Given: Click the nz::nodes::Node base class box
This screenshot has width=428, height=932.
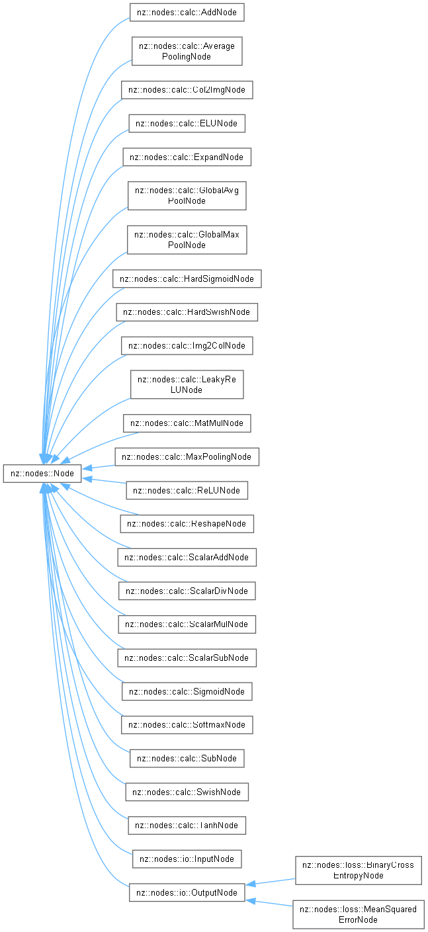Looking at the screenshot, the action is pos(42,474).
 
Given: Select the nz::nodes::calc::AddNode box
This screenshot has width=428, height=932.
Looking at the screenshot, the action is pos(187,13).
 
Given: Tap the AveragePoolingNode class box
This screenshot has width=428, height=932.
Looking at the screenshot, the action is pos(187,51).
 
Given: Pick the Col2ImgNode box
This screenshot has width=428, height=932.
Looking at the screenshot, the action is pos(187,90).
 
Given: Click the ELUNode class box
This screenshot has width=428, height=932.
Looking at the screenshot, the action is pos(187,124).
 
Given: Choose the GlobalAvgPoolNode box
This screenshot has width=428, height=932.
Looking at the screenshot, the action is pos(187,196).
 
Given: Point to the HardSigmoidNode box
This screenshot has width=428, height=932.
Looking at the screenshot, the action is pos(187,278).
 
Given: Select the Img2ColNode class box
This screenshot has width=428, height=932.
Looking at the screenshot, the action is pos(187,346).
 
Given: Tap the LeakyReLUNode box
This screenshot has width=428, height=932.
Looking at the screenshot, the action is pos(187,384).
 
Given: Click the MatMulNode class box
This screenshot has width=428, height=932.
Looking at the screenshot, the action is pos(187,423).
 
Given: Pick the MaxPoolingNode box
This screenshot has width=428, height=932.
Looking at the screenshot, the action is pos(187,457).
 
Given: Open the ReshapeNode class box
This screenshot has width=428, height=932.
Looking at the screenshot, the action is pos(187,524).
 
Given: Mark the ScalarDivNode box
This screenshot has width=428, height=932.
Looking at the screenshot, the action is pos(187,591).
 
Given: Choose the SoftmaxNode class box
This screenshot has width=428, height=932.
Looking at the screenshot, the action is pos(187,725).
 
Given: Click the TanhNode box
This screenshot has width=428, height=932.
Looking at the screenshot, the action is pos(187,826).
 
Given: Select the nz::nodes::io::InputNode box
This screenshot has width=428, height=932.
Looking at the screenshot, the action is pos(187,859).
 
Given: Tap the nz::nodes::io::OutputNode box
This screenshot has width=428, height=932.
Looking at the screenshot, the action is pos(187,893).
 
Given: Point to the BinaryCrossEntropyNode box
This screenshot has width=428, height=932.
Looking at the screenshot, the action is pos(358,870).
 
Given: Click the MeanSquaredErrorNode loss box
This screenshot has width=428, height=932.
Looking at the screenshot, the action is pos(358,915).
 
